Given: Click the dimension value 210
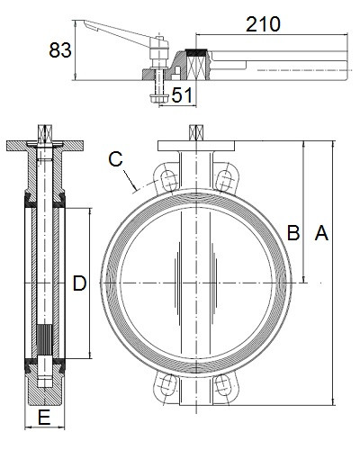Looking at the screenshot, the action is coord(263,24).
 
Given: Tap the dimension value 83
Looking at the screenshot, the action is coord(60,49).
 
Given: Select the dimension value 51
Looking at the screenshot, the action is coord(182,95).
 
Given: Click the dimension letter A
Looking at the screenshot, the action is coord(321,233).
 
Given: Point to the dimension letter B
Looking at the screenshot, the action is coord(293,233).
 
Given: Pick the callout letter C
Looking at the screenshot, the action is coord(115,159).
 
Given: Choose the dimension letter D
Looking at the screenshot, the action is coord(79,283).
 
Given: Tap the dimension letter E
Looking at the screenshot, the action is coord(44,418).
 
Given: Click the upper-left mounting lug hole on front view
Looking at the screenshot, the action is coord(169,180).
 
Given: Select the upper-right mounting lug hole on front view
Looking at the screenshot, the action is coord(224,180).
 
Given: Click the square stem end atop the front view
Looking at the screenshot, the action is coord(196,132).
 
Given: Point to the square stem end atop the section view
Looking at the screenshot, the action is coord(45,132).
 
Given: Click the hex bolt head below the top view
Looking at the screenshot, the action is coord(158,98).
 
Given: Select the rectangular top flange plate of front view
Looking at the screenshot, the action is coord(196,146).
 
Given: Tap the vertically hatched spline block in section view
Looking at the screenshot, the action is coord(45,340).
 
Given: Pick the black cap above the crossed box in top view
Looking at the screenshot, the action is coord(196,51).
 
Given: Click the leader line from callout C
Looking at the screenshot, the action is coord(130,180).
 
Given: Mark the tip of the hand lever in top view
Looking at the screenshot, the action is coord(85,21).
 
